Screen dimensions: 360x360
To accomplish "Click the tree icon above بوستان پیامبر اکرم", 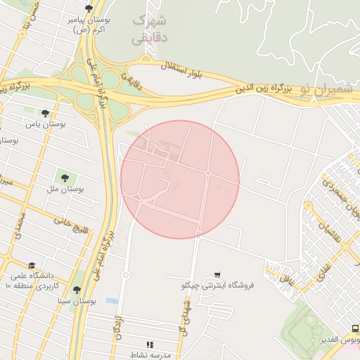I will (x=88, y=8).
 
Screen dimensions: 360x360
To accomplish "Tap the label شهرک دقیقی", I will (x=149, y=30).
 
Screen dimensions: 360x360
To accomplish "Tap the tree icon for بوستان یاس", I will (x=46, y=113).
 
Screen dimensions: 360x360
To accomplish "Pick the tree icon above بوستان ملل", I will (x=65, y=179).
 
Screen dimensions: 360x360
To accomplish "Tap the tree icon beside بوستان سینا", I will (x=76, y=290).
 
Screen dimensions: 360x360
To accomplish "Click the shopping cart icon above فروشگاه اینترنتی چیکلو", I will (x=218, y=274).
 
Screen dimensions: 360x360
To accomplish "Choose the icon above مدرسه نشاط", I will (x=149, y=344).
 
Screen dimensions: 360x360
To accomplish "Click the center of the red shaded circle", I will (x=180, y=179).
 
